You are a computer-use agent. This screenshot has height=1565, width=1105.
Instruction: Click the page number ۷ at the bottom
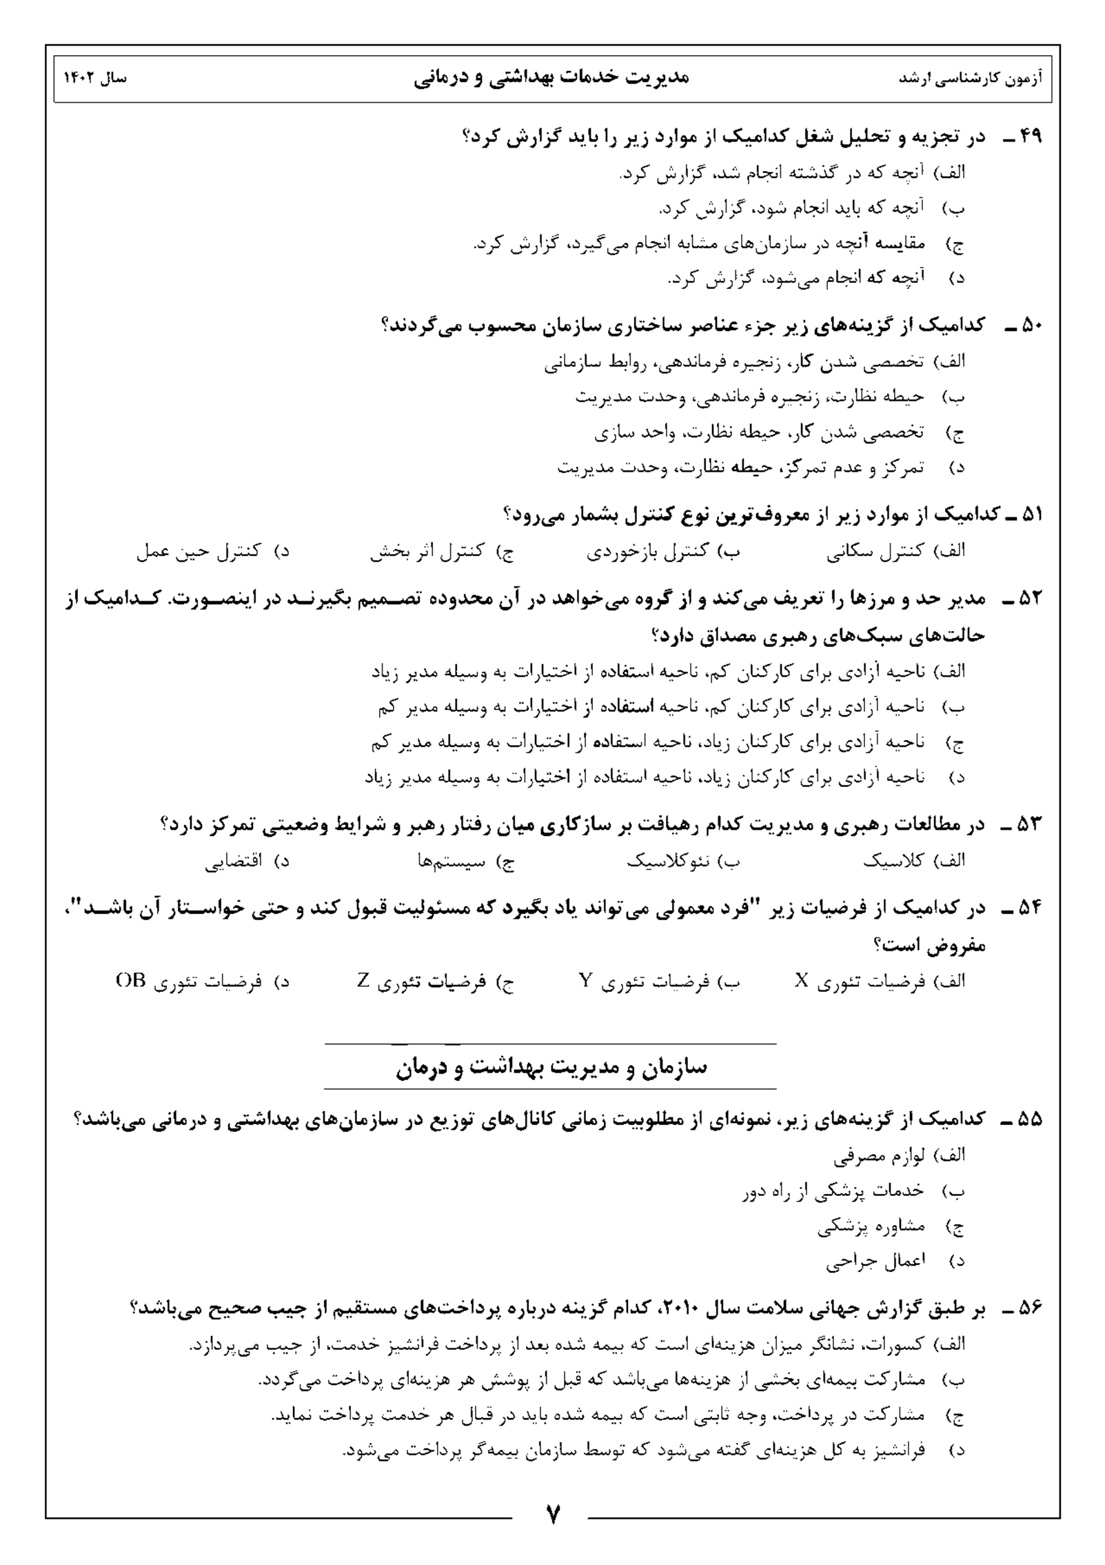point(552,1515)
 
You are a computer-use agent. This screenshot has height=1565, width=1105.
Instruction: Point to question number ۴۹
point(1030,137)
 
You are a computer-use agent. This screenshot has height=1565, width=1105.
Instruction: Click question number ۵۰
point(1030,325)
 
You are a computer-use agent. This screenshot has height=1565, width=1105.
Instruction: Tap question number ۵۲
point(1030,599)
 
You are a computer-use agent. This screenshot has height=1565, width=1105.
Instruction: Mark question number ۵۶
point(1030,1308)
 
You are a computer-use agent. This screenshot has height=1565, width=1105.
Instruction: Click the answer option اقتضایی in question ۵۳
point(233,861)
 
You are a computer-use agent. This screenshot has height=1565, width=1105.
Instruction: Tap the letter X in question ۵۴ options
point(801,981)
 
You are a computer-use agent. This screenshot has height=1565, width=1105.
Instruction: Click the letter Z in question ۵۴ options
point(363,981)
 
